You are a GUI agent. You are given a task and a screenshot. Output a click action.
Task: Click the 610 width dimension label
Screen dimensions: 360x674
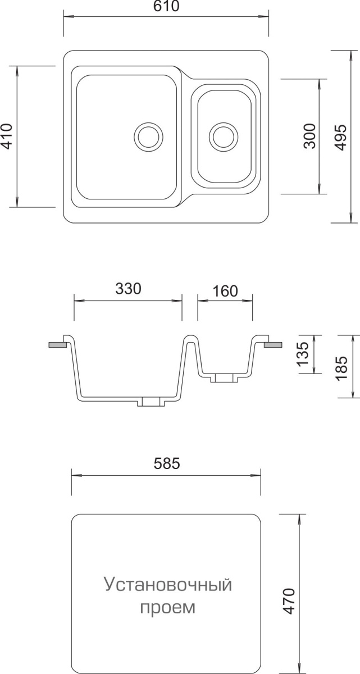pyautogui.click(x=166, y=6)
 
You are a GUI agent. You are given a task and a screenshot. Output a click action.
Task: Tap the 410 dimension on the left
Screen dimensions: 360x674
pyautogui.click(x=7, y=136)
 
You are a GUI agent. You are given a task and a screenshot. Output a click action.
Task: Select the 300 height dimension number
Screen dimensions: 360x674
pyautogui.click(x=310, y=136)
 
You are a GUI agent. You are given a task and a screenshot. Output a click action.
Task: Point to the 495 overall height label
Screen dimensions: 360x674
pyautogui.click(x=341, y=137)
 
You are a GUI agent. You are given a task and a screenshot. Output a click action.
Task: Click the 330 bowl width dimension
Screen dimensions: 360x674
pyautogui.click(x=129, y=289)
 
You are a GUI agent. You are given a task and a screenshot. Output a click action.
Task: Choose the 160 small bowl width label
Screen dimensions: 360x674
pyautogui.click(x=225, y=291)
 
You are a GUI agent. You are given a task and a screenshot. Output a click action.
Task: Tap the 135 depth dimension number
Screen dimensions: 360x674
pyautogui.click(x=303, y=354)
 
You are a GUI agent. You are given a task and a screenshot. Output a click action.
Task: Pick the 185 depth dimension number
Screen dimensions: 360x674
pyautogui.click(x=341, y=368)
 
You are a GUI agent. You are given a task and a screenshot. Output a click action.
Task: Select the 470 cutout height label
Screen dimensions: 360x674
pyautogui.click(x=289, y=601)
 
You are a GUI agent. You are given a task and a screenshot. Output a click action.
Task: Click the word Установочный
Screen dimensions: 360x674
pyautogui.click(x=168, y=584)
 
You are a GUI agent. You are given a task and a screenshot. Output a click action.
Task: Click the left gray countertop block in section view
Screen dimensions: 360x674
pyautogui.click(x=57, y=345)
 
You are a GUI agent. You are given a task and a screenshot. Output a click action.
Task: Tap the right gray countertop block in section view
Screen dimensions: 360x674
pyautogui.click(x=273, y=345)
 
